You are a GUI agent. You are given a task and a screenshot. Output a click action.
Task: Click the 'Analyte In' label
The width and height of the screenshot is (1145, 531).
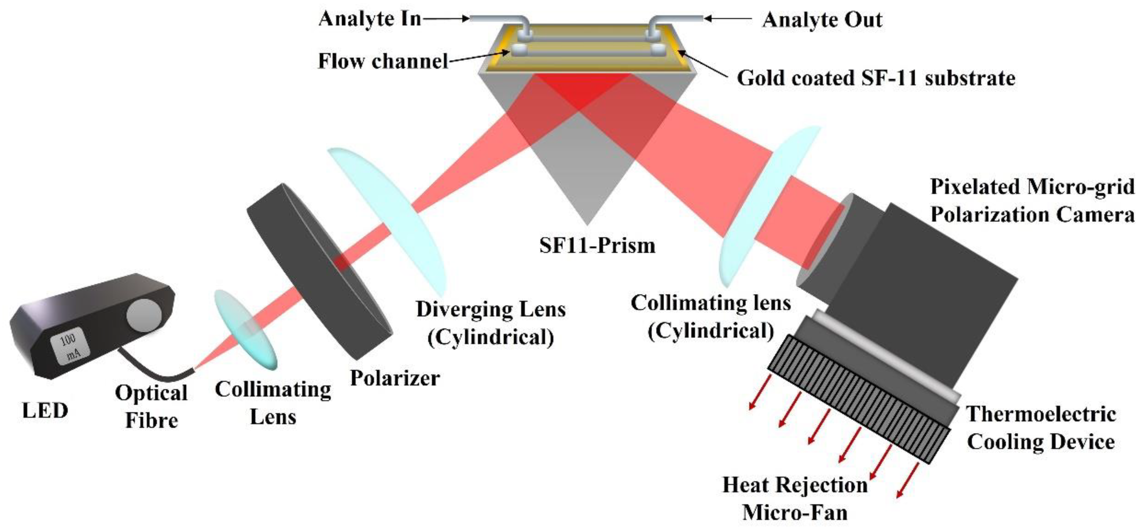[369, 20]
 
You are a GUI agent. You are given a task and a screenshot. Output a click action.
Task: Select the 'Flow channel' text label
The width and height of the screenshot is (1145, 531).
[383, 61]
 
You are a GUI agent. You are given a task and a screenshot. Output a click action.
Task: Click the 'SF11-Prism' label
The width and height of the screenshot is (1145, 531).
[597, 245]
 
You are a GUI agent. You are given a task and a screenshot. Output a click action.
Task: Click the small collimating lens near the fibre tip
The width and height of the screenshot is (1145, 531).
[245, 329]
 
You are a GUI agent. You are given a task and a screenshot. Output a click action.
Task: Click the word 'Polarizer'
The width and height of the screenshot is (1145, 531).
[395, 378]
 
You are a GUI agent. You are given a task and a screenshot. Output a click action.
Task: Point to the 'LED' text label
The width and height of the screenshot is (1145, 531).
[45, 411]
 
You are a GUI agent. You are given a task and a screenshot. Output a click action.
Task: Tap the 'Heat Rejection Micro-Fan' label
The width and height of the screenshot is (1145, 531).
[795, 499]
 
